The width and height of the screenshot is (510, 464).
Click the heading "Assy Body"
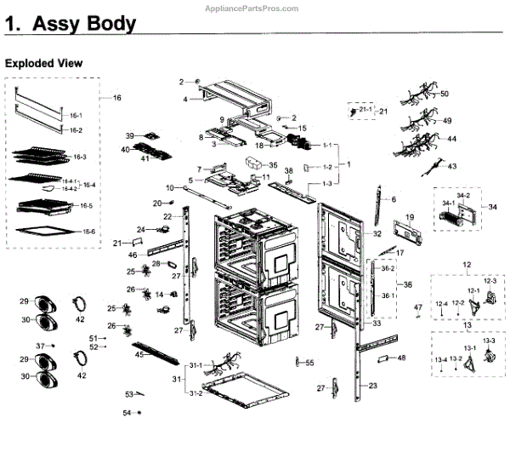point(83,25)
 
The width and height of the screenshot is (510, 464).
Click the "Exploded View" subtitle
point(44,63)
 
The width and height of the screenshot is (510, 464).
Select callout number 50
point(445,94)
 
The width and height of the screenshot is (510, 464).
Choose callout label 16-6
point(89,232)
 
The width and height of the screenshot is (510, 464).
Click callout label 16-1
point(76,116)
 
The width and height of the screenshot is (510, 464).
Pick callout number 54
point(126,412)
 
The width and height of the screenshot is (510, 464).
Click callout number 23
point(372,385)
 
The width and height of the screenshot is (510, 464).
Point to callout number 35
point(274,164)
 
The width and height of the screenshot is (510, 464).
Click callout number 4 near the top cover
point(184,100)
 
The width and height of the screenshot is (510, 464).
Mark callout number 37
point(40,346)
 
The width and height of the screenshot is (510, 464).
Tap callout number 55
point(309,363)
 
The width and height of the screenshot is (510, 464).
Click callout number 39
point(130,136)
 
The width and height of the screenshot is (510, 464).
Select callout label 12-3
point(490,280)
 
